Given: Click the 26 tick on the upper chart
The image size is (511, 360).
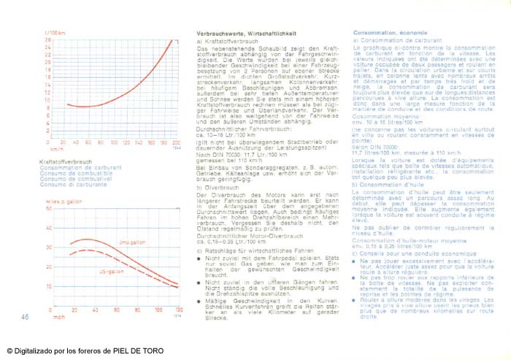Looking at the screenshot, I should [x=48, y=39].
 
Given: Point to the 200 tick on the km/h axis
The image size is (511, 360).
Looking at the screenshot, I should [x=176, y=142].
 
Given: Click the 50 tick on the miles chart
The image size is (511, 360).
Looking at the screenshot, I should [x=48, y=210].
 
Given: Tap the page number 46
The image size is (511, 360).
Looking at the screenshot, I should [x=25, y=317].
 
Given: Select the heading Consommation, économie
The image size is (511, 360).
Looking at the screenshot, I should [x=390, y=34].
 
